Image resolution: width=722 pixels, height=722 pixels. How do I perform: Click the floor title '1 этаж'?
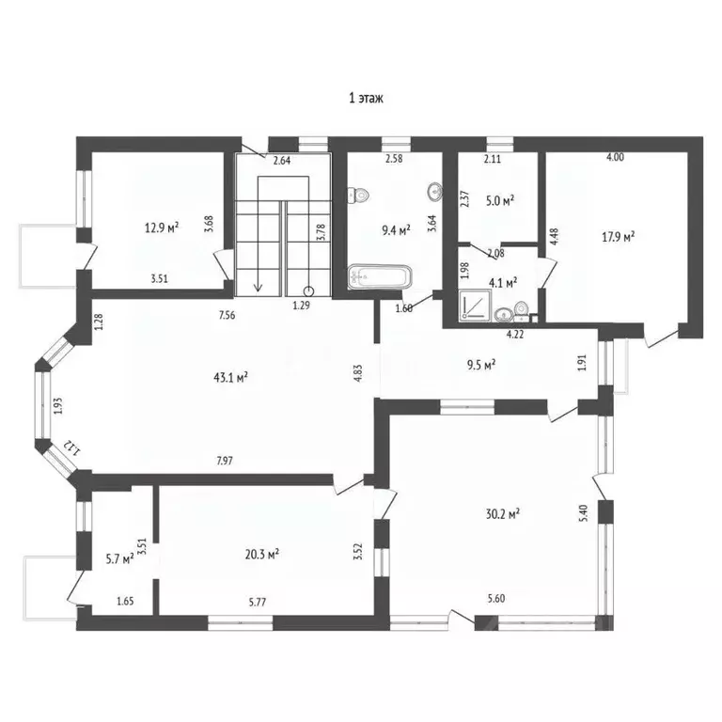pos(366,98)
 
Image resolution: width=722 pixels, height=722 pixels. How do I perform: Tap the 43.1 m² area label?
pos(230,378)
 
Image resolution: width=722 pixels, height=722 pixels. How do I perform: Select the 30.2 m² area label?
pos(503,513)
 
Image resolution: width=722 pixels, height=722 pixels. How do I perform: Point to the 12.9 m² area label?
pos(162,227)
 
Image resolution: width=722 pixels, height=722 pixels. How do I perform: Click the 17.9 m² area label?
pos(618,237)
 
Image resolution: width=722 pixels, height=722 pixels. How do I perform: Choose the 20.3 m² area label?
pos(262,554)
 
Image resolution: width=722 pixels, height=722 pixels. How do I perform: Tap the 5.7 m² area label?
pos(119,559)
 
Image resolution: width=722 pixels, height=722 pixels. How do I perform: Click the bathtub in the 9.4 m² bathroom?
pos(380,276)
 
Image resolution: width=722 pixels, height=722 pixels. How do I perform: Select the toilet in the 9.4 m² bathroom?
pos(358,196)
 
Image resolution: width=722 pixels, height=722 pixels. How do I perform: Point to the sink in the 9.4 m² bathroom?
pos(435,190)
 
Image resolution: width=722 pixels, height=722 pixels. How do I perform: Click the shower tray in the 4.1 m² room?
pos(475,305)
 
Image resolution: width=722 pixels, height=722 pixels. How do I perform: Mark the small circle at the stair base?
pos(308,291)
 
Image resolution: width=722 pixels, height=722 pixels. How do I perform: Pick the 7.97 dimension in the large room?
pos(225,461)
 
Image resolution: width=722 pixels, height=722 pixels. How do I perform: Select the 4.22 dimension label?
pos(515,335)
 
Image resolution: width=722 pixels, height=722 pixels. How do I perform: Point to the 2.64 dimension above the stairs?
pos(282,161)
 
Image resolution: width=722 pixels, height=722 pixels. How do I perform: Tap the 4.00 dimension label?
pos(615,157)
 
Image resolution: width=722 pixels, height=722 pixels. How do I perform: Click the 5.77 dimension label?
pos(257,602)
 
